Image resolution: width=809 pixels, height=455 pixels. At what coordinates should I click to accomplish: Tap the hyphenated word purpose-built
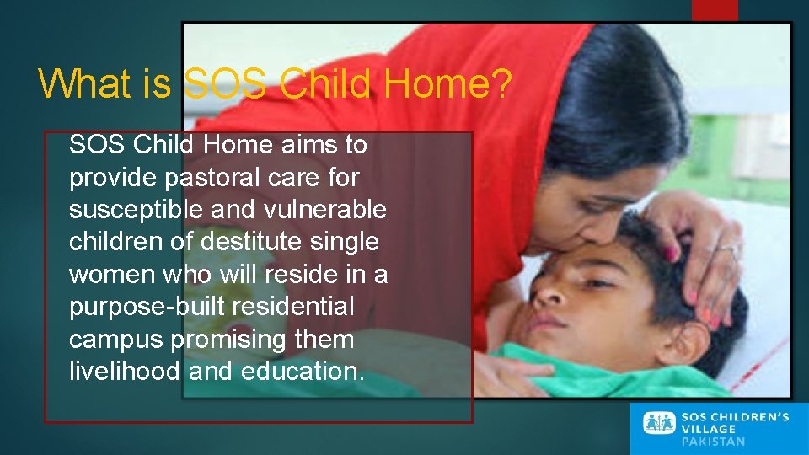click(148, 307)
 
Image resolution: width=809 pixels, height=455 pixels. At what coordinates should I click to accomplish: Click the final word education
click(303, 372)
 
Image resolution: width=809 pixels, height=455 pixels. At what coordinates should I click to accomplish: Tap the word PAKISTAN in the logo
click(713, 442)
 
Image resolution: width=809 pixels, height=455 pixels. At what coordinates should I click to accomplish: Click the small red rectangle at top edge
click(714, 9)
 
